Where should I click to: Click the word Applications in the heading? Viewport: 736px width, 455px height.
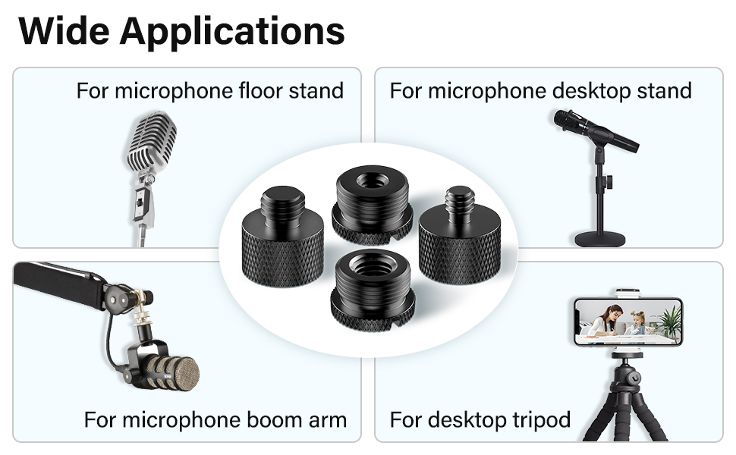tap(232, 32)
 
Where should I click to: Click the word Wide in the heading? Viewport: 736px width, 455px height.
tap(64, 31)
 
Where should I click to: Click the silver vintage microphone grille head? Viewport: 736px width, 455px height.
tap(152, 141)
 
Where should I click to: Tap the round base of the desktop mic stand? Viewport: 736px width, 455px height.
tap(600, 239)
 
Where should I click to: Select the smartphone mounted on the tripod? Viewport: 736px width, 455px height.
tap(628, 322)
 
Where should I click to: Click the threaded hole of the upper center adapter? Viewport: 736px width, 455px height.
tap(373, 180)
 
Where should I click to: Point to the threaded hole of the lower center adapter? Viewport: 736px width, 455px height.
tap(373, 265)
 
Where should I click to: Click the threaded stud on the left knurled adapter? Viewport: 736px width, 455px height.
tap(283, 206)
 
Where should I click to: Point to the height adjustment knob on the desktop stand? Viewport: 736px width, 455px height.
tap(609, 181)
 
